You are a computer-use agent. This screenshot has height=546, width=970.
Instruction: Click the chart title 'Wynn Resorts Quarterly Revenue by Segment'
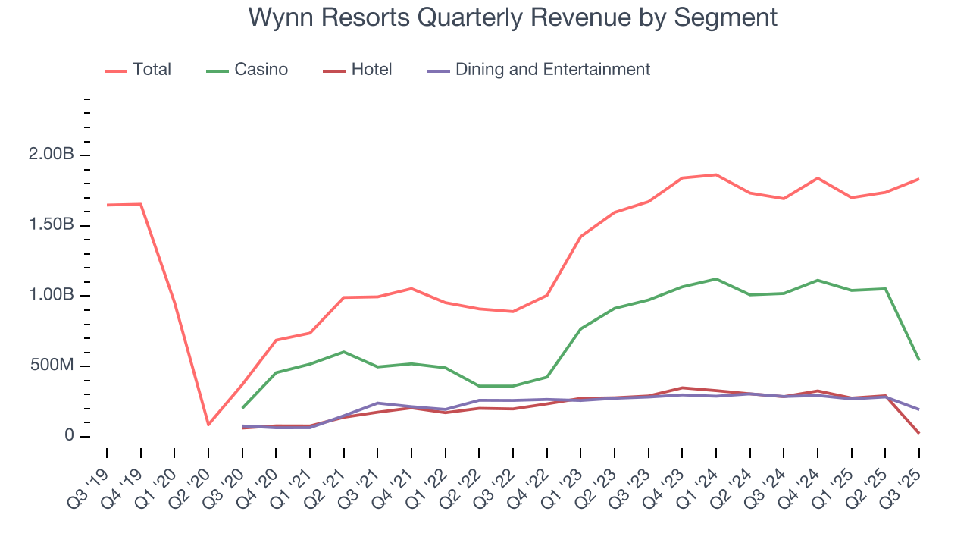point(512,17)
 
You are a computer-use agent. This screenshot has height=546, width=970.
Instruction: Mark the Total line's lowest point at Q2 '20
point(208,425)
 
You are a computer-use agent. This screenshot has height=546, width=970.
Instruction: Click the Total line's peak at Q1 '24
point(716,175)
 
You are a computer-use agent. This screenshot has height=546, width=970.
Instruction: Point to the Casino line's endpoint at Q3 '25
point(919,359)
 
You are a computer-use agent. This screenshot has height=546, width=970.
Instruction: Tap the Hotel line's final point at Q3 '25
point(919,433)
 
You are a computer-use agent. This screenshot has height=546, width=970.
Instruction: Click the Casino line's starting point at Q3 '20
point(242,408)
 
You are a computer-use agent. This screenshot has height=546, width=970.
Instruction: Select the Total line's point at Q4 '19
point(141,204)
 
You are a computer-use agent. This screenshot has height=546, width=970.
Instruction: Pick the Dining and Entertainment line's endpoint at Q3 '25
point(919,409)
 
